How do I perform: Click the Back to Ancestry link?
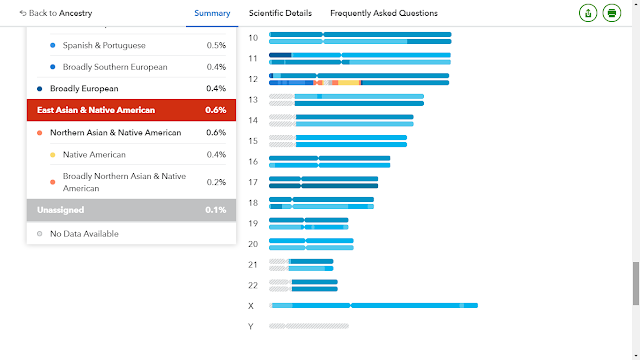click(x=56, y=13)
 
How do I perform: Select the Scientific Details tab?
click(x=280, y=13)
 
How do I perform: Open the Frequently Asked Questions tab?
click(x=384, y=13)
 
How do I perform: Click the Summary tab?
click(x=212, y=13)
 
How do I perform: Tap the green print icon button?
click(x=611, y=13)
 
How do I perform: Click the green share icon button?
click(x=588, y=13)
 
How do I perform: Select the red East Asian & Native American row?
click(x=131, y=110)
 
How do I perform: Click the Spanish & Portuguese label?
click(x=104, y=45)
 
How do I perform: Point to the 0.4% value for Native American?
click(x=216, y=155)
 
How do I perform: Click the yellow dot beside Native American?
click(x=53, y=155)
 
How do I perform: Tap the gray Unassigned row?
click(x=131, y=210)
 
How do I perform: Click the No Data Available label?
click(x=84, y=234)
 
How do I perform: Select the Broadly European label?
click(x=84, y=89)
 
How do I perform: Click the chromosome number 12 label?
click(x=253, y=79)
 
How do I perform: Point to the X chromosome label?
click(x=251, y=306)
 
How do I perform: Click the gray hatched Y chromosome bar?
click(x=309, y=326)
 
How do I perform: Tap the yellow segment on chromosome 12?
click(x=348, y=83)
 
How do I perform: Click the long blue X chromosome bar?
click(x=373, y=305)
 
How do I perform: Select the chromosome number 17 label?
click(x=253, y=182)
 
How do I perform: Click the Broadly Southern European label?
click(x=115, y=67)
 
